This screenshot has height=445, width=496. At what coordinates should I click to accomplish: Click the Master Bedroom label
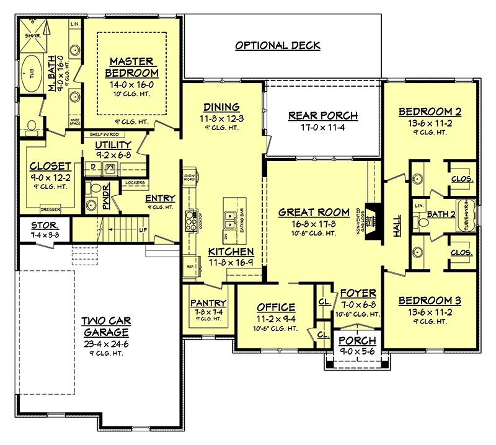click(x=131, y=67)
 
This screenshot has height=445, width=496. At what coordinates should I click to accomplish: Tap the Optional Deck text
click(x=277, y=45)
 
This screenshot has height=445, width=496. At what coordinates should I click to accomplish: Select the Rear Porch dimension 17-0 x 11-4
click(x=323, y=129)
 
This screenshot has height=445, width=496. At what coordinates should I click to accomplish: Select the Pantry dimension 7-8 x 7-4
click(x=208, y=312)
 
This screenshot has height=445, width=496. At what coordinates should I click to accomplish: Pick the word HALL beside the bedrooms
click(x=397, y=226)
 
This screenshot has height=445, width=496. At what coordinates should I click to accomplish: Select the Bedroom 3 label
click(x=430, y=301)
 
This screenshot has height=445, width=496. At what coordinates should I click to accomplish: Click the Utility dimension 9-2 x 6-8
click(x=112, y=155)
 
